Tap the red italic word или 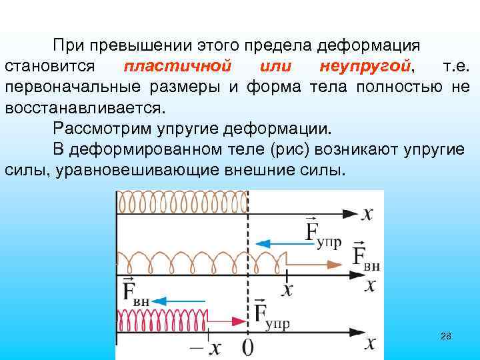275,67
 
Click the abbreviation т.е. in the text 456,67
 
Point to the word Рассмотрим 99,128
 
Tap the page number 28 446,336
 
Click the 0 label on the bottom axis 248,347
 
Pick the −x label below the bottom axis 206,347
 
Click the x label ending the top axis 367,213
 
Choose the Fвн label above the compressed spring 136,293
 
